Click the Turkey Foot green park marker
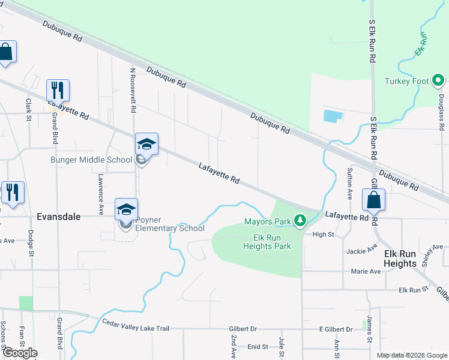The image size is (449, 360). click(438, 80)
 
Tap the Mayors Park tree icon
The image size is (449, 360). click(301, 222)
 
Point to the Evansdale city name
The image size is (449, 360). click(59, 217)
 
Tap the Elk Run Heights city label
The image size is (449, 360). click(400, 259)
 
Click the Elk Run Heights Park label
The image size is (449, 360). click(267, 241)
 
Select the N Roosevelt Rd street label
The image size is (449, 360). click(133, 90)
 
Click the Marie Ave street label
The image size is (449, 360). click(366, 271)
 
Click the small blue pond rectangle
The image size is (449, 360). click(333, 115)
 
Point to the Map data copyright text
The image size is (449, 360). click(411, 355)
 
